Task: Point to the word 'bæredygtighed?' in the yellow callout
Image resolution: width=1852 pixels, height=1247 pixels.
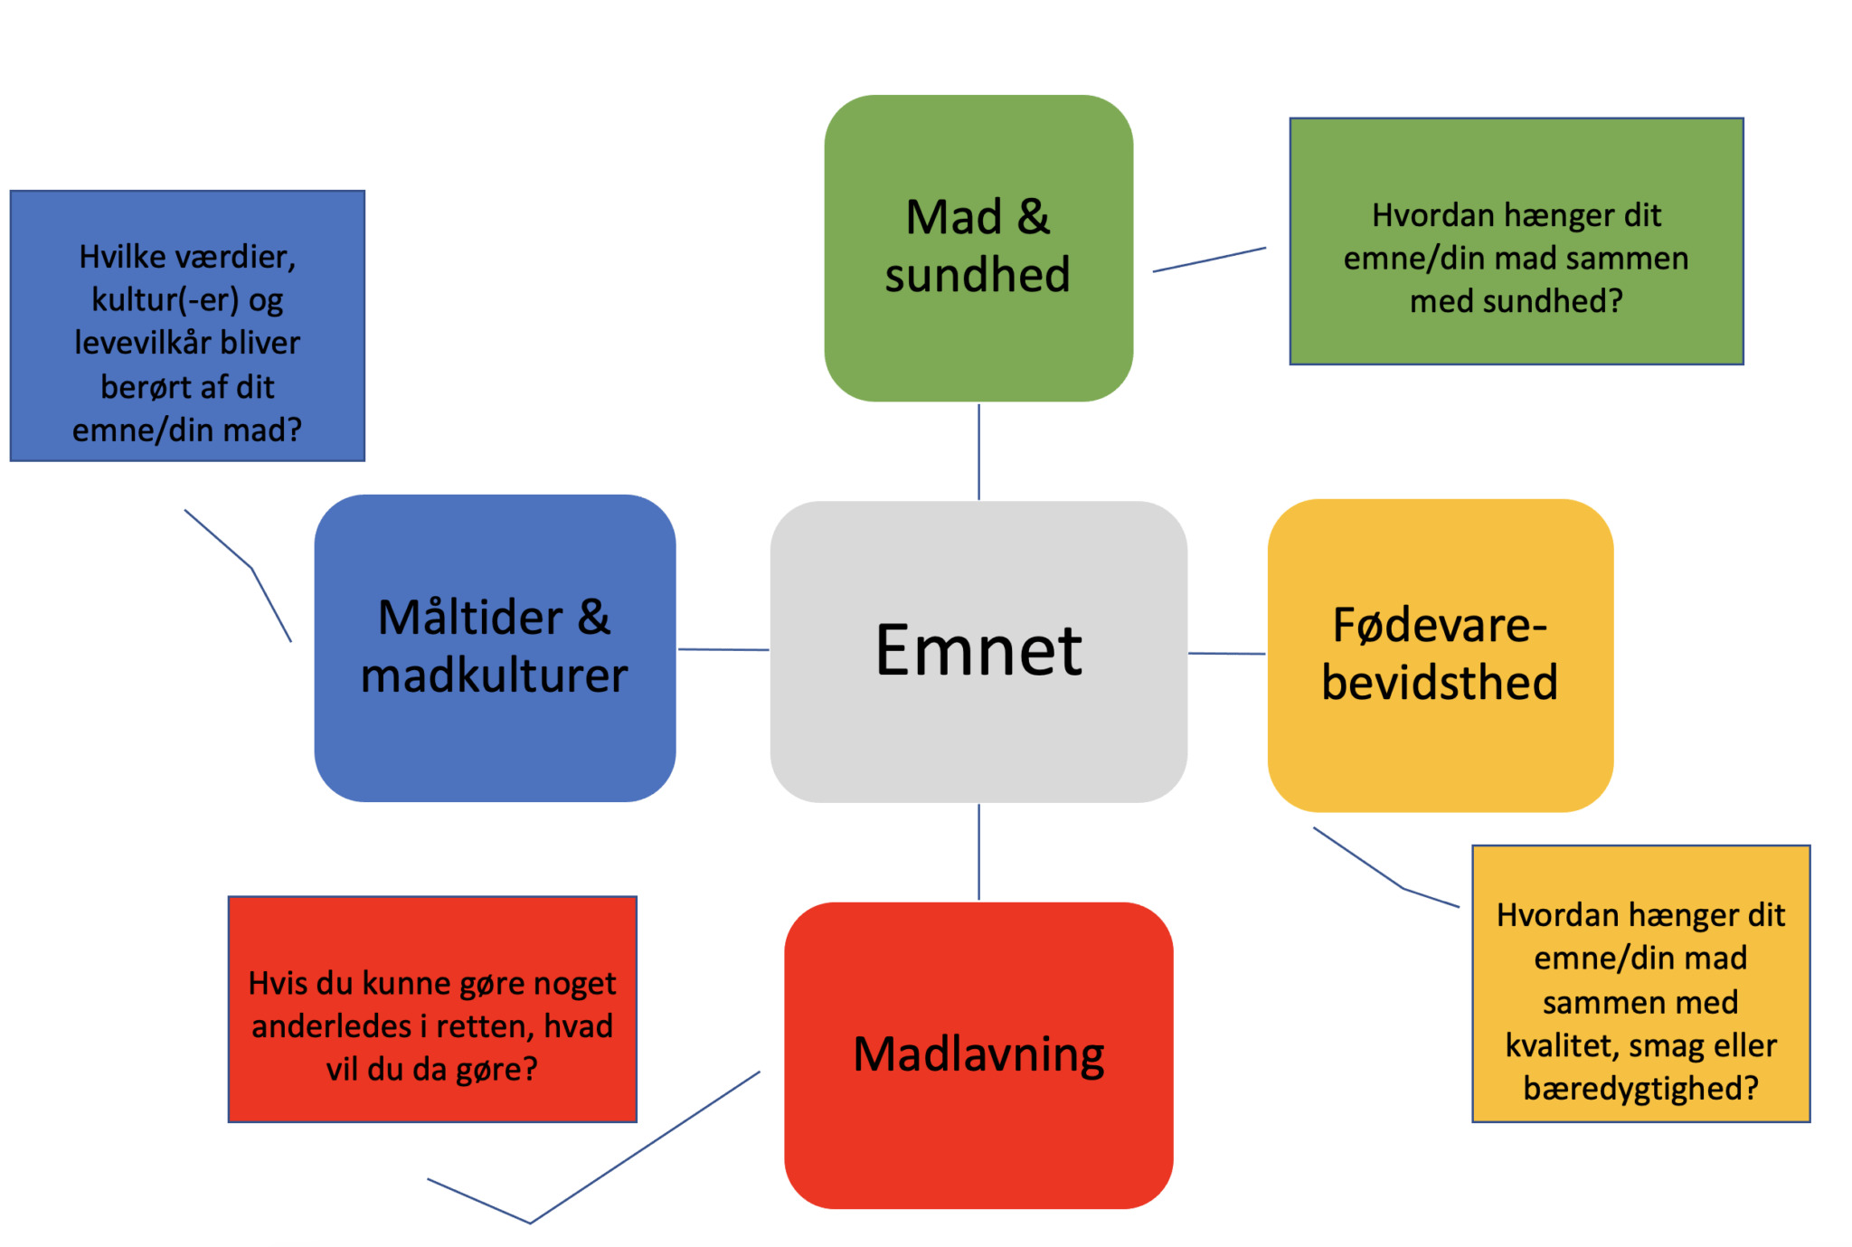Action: [x=1640, y=1088]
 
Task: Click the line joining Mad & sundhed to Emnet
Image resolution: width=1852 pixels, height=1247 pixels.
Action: [x=978, y=451]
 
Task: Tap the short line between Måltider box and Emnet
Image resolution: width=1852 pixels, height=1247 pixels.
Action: [x=723, y=649]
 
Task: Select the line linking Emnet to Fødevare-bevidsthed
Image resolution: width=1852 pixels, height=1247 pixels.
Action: [x=1226, y=653]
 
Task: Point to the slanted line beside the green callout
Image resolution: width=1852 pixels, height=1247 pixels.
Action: [x=1209, y=260]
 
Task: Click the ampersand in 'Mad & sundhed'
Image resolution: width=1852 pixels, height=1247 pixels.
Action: [x=1034, y=217]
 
